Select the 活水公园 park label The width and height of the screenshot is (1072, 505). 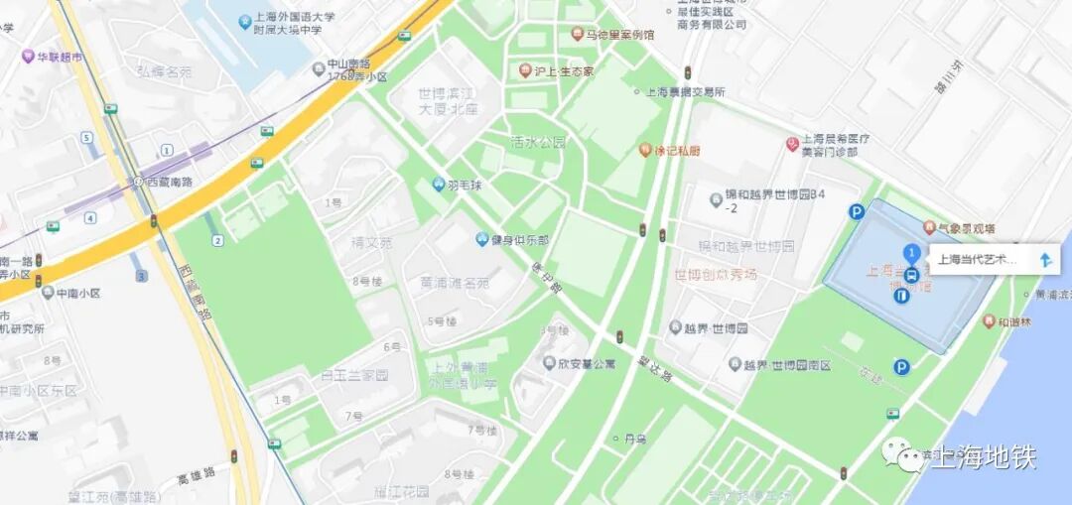[538, 142]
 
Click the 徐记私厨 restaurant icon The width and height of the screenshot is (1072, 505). [645, 151]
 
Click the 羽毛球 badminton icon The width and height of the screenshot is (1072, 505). [439, 184]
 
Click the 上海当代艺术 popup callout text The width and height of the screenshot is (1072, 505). [978, 260]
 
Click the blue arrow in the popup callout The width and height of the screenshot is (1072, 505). [1045, 260]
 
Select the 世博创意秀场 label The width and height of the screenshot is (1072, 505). [715, 274]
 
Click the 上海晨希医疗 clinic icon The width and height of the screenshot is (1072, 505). [792, 145]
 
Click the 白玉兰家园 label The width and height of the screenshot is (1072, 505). [340, 376]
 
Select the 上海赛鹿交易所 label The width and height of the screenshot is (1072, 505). [686, 92]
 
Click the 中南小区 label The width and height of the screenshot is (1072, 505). [78, 294]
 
